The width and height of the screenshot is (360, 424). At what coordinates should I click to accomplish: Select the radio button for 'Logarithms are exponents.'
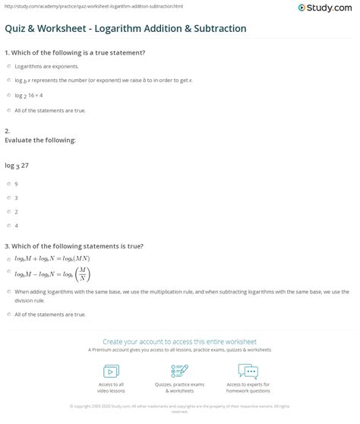click(8, 66)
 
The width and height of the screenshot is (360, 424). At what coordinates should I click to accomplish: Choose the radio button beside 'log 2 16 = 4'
click(8, 96)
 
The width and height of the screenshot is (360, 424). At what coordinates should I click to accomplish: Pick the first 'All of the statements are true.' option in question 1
click(8, 110)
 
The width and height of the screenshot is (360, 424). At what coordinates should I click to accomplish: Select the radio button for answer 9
click(8, 183)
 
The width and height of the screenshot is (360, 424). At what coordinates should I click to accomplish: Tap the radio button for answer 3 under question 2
click(8, 198)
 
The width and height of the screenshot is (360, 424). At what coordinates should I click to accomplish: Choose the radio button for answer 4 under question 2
click(8, 226)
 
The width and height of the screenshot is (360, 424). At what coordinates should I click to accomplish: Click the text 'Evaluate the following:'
click(30, 140)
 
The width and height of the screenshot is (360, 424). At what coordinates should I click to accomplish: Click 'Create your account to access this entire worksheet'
click(179, 342)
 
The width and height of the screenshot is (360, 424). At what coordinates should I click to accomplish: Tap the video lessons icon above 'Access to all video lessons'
click(112, 371)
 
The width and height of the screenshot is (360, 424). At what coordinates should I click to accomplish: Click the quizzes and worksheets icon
click(180, 371)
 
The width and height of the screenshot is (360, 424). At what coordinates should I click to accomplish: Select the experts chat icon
click(248, 371)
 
